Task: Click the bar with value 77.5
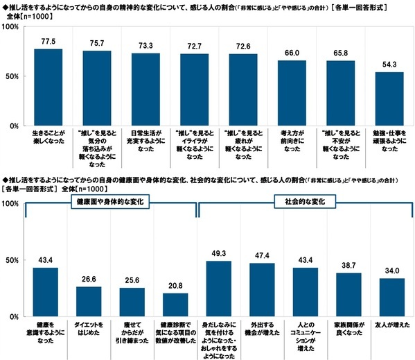(x=48, y=87)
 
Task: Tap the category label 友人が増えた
(x=385, y=323)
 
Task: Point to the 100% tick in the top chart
(x=12, y=27)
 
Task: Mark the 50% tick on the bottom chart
(x=12, y=260)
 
